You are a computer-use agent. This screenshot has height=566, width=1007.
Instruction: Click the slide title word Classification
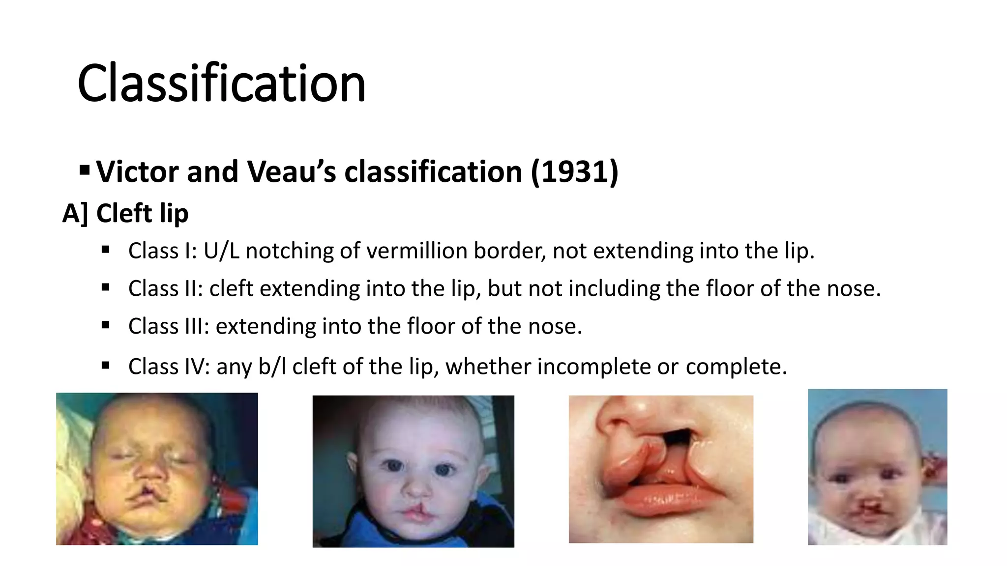coord(221,84)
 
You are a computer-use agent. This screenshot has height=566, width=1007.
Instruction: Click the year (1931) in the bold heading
coord(574,172)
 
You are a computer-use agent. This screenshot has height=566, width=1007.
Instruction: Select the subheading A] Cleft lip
coord(125,214)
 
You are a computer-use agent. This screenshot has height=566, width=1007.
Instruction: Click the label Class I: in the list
coord(162,251)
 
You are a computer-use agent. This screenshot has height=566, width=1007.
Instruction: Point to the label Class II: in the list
coord(166,289)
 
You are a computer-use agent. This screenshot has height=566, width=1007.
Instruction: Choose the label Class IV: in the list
coord(169,367)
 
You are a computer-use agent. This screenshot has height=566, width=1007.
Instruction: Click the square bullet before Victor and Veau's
coord(85,170)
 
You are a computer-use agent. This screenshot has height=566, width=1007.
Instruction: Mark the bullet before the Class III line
coord(105,325)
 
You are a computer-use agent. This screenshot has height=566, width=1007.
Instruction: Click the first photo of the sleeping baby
coord(157,469)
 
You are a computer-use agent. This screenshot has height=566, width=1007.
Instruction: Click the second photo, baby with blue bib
coord(413,471)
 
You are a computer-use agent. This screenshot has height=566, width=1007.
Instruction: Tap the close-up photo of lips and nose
coord(661,469)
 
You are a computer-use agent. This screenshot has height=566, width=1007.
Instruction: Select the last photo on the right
coord(877,467)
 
